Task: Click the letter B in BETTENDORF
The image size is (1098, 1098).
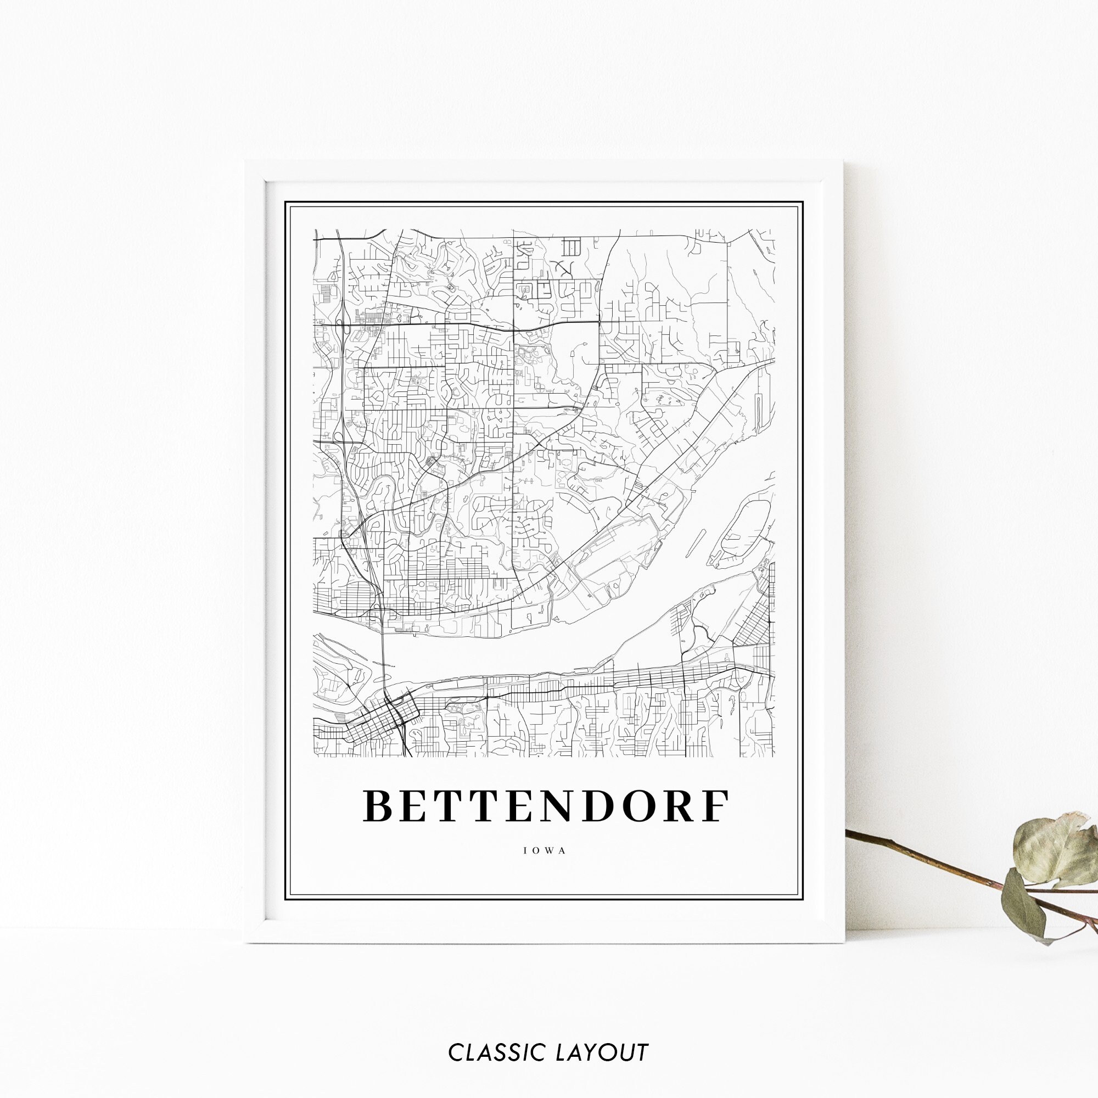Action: [380, 805]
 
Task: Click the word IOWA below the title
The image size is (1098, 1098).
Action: [545, 851]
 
